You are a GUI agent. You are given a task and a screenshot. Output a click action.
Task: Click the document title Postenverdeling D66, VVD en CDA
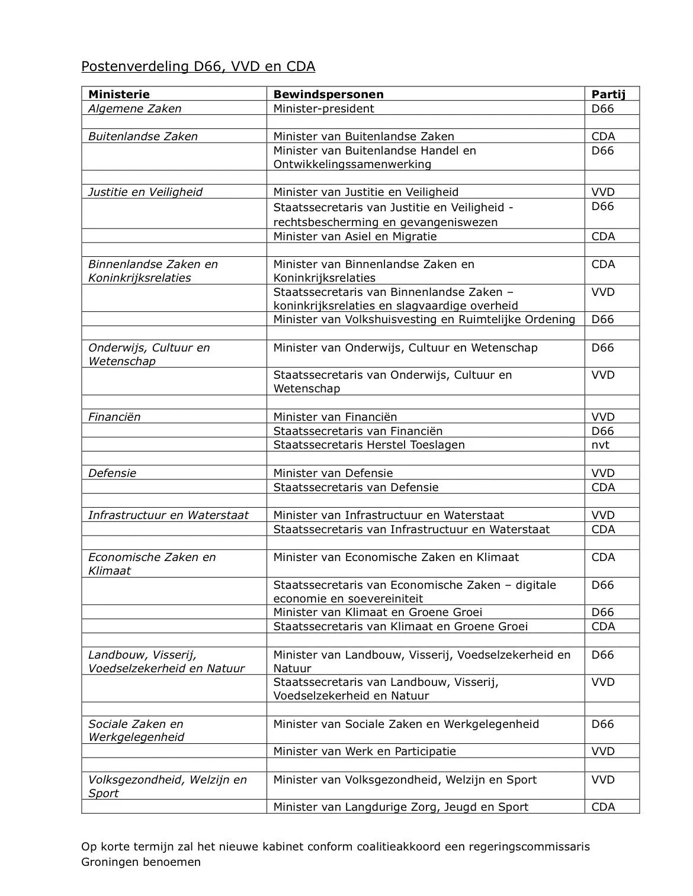pos(198,66)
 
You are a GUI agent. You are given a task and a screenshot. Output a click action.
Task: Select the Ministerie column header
pos(118,94)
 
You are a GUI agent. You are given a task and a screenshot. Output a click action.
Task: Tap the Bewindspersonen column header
pos(328,94)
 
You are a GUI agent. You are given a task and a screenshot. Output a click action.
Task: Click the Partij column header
pos(608,94)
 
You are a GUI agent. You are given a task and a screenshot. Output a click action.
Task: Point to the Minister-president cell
pos(323,108)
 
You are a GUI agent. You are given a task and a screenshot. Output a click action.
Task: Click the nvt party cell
pos(600,444)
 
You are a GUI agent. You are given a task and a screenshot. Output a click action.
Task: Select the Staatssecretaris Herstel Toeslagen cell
pos(368,444)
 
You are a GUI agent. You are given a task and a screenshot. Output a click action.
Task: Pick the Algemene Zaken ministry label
pos(134,108)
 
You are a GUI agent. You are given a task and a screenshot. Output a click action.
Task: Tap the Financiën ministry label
pos(114,417)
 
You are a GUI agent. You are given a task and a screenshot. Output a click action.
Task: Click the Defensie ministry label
pos(112,473)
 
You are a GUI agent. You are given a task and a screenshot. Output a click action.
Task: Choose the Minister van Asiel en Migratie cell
pos(355,236)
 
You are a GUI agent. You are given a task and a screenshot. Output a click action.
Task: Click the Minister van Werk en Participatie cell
pos(364,751)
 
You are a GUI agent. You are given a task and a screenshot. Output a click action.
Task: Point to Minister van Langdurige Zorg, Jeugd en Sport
pos(400,807)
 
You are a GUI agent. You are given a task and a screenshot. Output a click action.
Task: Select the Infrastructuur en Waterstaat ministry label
pos(168,515)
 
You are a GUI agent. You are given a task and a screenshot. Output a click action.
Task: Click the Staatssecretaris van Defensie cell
pos(355,487)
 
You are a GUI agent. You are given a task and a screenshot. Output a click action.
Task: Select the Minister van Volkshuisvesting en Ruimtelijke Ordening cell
pos(424,319)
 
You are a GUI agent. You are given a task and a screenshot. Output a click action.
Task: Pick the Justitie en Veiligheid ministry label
pos(145,192)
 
